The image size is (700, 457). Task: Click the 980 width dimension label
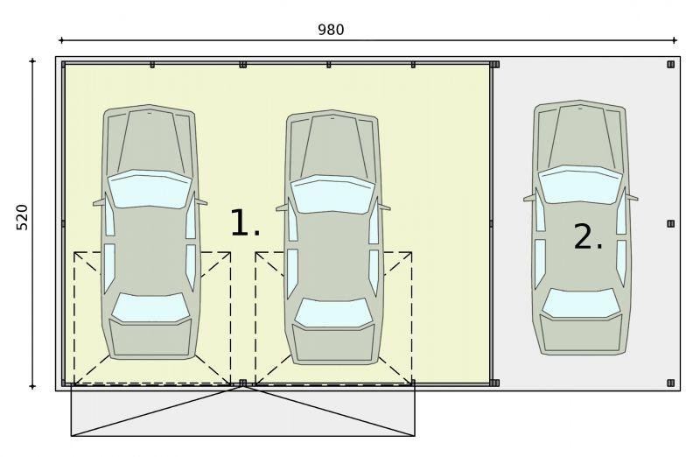click(331, 30)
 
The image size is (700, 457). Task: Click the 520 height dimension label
click(22, 217)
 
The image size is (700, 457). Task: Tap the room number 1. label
click(245, 223)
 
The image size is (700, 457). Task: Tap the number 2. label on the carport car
click(588, 236)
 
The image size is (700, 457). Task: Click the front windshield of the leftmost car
click(150, 189)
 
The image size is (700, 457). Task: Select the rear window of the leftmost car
click(150, 307)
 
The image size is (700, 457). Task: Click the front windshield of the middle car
click(332, 194)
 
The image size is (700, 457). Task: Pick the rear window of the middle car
click(333, 313)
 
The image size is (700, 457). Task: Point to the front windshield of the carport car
click(580, 185)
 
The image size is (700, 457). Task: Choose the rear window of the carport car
click(581, 303)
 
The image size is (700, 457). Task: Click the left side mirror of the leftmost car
click(99, 203)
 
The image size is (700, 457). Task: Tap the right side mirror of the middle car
click(384, 207)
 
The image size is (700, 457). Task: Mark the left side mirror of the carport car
click(529, 198)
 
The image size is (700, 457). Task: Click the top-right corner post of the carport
click(670, 64)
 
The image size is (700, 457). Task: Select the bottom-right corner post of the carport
click(670, 383)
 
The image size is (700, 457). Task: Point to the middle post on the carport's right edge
click(670, 223)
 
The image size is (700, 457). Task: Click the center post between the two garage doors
click(243, 383)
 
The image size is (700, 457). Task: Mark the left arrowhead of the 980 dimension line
click(60, 40)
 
